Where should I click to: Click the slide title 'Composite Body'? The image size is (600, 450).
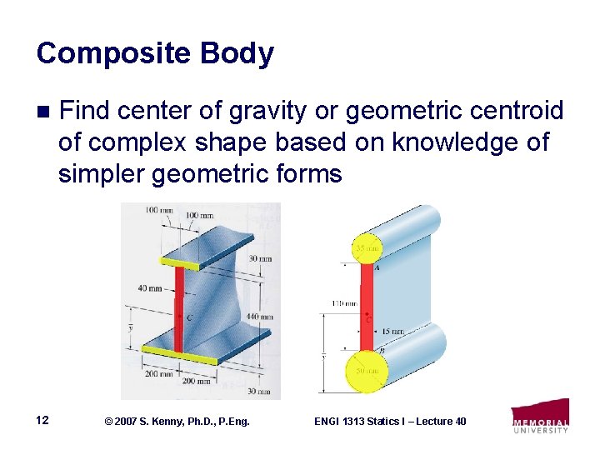coord(155,53)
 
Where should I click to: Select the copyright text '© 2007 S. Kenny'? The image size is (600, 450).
coord(142,422)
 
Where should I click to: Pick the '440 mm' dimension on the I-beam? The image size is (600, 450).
coord(259,317)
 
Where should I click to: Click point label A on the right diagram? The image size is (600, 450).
coord(377,268)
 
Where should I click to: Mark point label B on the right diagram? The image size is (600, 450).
coord(381,351)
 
